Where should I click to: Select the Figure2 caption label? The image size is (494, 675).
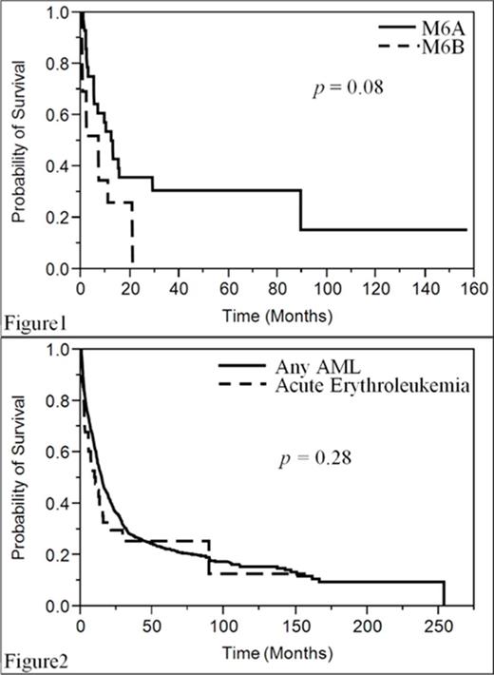click(28, 659)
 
